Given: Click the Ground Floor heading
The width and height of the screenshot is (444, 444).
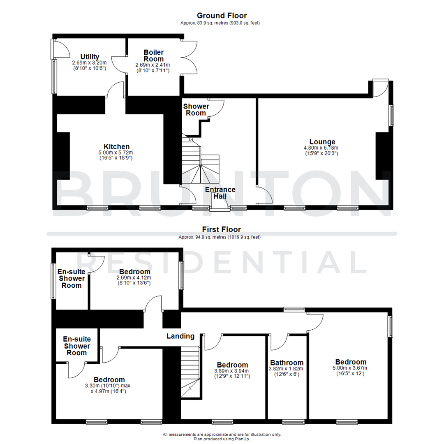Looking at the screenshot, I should tap(222, 16).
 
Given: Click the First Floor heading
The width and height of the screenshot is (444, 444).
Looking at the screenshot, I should tap(222, 229).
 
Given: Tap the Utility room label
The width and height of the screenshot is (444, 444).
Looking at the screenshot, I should tap(90, 57).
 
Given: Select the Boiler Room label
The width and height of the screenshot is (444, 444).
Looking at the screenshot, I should tap(154, 55).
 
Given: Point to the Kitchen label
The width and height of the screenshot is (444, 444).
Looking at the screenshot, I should tap(117, 147).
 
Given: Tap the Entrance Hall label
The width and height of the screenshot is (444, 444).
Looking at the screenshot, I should tap(220, 193).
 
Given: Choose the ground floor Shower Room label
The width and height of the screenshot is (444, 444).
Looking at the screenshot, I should tap(196, 109).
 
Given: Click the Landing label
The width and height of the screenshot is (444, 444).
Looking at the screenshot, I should tap(180, 336).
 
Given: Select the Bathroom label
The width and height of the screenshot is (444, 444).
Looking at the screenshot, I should tap(287, 363).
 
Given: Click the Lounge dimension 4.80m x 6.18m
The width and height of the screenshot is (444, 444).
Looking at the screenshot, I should tap(321, 148).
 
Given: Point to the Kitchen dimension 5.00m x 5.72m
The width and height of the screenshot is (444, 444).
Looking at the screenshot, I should tap(116, 153).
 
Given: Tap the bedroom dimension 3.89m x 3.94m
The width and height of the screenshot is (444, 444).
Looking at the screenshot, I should tap(232, 371).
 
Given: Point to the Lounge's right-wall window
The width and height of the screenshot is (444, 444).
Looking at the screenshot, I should tap(392, 115).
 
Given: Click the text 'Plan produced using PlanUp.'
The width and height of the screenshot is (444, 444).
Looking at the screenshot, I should tap(222, 439).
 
